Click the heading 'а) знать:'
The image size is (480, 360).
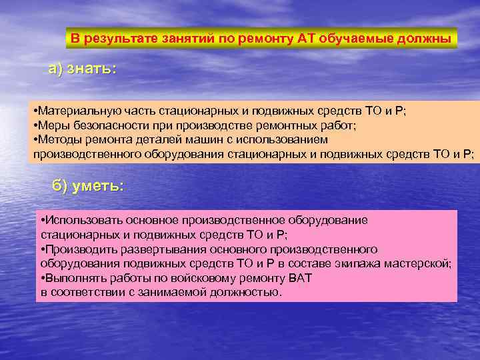click(81, 69)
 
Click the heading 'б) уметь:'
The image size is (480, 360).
click(87, 186)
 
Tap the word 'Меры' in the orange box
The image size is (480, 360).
click(52, 125)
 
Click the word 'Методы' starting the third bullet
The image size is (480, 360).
click(57, 140)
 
